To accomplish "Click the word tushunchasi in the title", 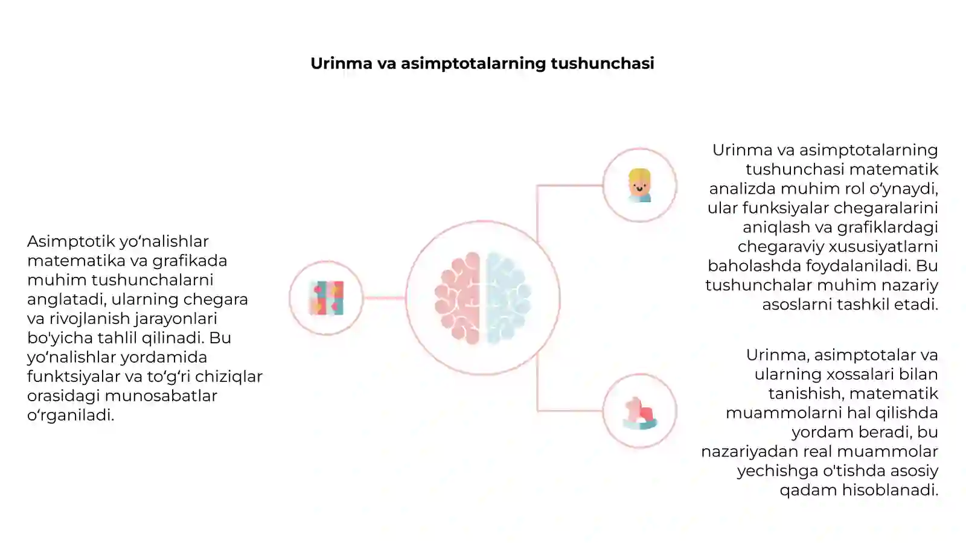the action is click(603, 63).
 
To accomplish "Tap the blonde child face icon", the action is click(639, 185).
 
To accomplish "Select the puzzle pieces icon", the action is click(327, 298).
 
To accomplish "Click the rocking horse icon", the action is click(639, 413).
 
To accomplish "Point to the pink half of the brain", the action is click(458, 298).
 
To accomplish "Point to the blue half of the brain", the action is click(508, 298).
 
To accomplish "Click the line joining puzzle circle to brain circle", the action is click(384, 298).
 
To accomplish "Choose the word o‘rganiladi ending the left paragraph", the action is click(71, 416).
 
